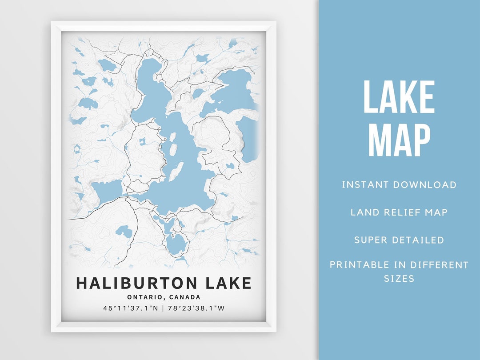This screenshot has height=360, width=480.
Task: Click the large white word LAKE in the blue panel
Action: [399, 97]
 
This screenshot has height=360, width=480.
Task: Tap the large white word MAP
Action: [399, 140]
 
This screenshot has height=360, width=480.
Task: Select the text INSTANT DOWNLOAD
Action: [399, 185]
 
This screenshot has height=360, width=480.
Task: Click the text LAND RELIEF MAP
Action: [399, 212]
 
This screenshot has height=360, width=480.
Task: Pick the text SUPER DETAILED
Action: [399, 240]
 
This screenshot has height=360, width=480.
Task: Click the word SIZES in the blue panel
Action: [399, 279]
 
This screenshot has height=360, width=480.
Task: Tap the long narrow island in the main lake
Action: [176, 171]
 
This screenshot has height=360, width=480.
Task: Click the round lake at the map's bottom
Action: [176, 243]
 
